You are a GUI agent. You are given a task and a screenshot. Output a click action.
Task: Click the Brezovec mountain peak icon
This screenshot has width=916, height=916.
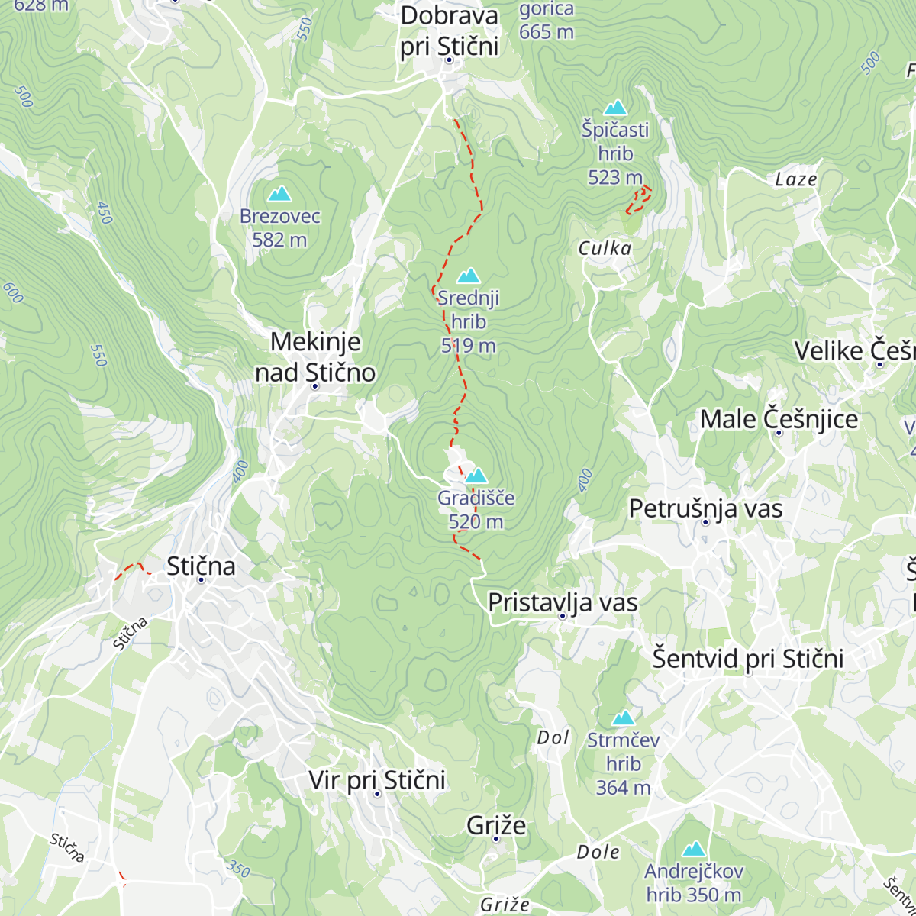click(279, 194)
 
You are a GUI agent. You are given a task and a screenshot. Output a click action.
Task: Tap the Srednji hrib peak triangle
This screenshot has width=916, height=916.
click(468, 276)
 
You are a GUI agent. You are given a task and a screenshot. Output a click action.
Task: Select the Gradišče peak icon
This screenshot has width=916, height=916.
click(476, 476)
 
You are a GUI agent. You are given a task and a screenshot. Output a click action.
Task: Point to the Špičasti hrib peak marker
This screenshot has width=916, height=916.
click(615, 108)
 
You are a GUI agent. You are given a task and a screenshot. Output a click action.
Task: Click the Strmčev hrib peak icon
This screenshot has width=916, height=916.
click(624, 718)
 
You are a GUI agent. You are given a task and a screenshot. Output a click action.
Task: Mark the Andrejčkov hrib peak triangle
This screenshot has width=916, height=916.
click(693, 849)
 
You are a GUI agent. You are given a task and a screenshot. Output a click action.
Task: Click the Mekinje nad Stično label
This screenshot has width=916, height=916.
click(315, 356)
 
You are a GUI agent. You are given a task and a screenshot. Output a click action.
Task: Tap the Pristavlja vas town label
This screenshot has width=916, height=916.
click(563, 602)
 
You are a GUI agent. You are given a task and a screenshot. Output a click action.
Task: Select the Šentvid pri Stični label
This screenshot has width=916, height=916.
click(747, 658)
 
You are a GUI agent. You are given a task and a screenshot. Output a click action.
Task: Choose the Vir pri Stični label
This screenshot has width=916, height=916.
click(377, 780)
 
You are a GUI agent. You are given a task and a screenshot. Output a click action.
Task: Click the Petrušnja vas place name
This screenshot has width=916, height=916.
click(705, 508)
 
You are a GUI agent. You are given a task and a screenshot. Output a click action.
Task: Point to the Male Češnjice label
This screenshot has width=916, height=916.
click(779, 419)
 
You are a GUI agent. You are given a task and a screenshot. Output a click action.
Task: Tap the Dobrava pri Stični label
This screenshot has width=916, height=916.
click(449, 31)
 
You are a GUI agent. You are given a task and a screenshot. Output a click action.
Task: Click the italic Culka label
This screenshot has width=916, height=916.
click(605, 248)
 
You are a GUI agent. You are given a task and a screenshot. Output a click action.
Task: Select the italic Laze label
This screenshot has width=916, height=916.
click(795, 179)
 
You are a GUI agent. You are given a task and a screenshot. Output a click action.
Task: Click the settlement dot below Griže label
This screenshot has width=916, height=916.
click(496, 840)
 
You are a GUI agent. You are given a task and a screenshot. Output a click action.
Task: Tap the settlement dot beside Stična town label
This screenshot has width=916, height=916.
click(202, 579)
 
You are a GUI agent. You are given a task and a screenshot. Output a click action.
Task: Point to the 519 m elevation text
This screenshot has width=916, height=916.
click(468, 346)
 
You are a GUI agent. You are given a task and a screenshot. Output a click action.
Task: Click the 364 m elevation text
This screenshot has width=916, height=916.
click(623, 787)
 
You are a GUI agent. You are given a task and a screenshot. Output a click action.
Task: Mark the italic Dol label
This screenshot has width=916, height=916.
click(553, 737)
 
